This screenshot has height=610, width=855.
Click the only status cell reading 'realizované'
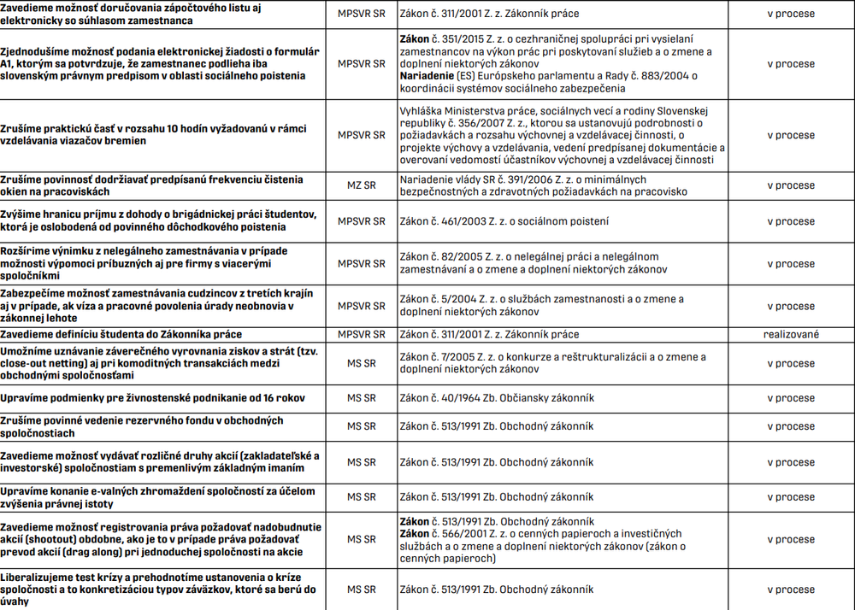click(x=790, y=334)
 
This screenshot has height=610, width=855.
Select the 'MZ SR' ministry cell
click(x=361, y=185)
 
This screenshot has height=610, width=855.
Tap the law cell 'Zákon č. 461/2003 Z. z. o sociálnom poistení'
click(x=504, y=221)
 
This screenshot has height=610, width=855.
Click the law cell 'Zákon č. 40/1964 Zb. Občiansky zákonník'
click(x=497, y=398)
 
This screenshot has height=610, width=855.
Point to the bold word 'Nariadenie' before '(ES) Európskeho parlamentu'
click(x=427, y=76)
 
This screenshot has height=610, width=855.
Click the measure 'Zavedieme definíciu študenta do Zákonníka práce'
click(x=121, y=334)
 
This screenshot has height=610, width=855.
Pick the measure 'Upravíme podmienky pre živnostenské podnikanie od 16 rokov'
click(x=152, y=398)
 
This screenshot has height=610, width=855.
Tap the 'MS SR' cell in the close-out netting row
click(x=361, y=363)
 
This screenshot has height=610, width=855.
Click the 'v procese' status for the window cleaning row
click(x=790, y=185)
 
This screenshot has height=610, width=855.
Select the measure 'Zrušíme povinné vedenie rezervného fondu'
click(x=142, y=426)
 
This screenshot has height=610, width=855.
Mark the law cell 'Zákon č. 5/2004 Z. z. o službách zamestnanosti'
click(x=541, y=306)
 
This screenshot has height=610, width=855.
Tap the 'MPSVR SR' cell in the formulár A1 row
click(x=361, y=64)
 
